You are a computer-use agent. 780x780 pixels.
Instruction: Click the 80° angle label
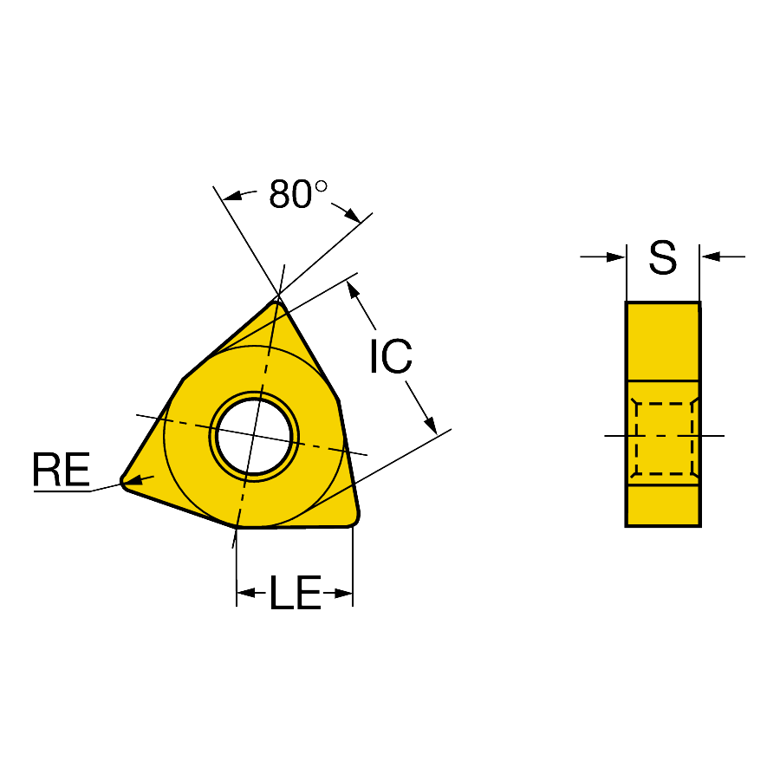[x=298, y=193]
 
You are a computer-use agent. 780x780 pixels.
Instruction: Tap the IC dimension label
[x=391, y=355]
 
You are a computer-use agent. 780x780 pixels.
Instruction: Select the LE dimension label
[x=296, y=593]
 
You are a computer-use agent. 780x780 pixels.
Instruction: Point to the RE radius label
[x=62, y=469]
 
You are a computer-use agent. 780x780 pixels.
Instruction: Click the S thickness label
[x=663, y=257]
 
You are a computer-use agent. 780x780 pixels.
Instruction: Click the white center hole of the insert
[x=254, y=437]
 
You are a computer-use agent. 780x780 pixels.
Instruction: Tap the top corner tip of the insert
[x=277, y=302]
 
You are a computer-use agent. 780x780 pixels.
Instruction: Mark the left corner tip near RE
[x=122, y=482]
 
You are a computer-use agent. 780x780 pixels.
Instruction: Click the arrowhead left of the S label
[x=616, y=257]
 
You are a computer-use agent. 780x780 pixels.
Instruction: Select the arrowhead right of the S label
[x=710, y=257]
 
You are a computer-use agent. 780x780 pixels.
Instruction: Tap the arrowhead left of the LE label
[x=246, y=593]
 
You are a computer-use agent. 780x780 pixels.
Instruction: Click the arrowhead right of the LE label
[x=343, y=593]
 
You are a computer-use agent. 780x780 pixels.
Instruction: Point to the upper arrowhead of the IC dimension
[x=353, y=289]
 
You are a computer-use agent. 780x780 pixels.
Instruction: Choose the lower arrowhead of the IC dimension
[x=431, y=426]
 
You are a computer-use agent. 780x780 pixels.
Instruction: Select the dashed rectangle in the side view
[x=664, y=439]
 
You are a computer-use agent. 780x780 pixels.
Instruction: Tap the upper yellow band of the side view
[x=663, y=341]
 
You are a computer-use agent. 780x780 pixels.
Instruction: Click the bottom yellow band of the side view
[x=663, y=505]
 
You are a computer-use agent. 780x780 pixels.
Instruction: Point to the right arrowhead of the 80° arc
[x=352, y=215]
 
